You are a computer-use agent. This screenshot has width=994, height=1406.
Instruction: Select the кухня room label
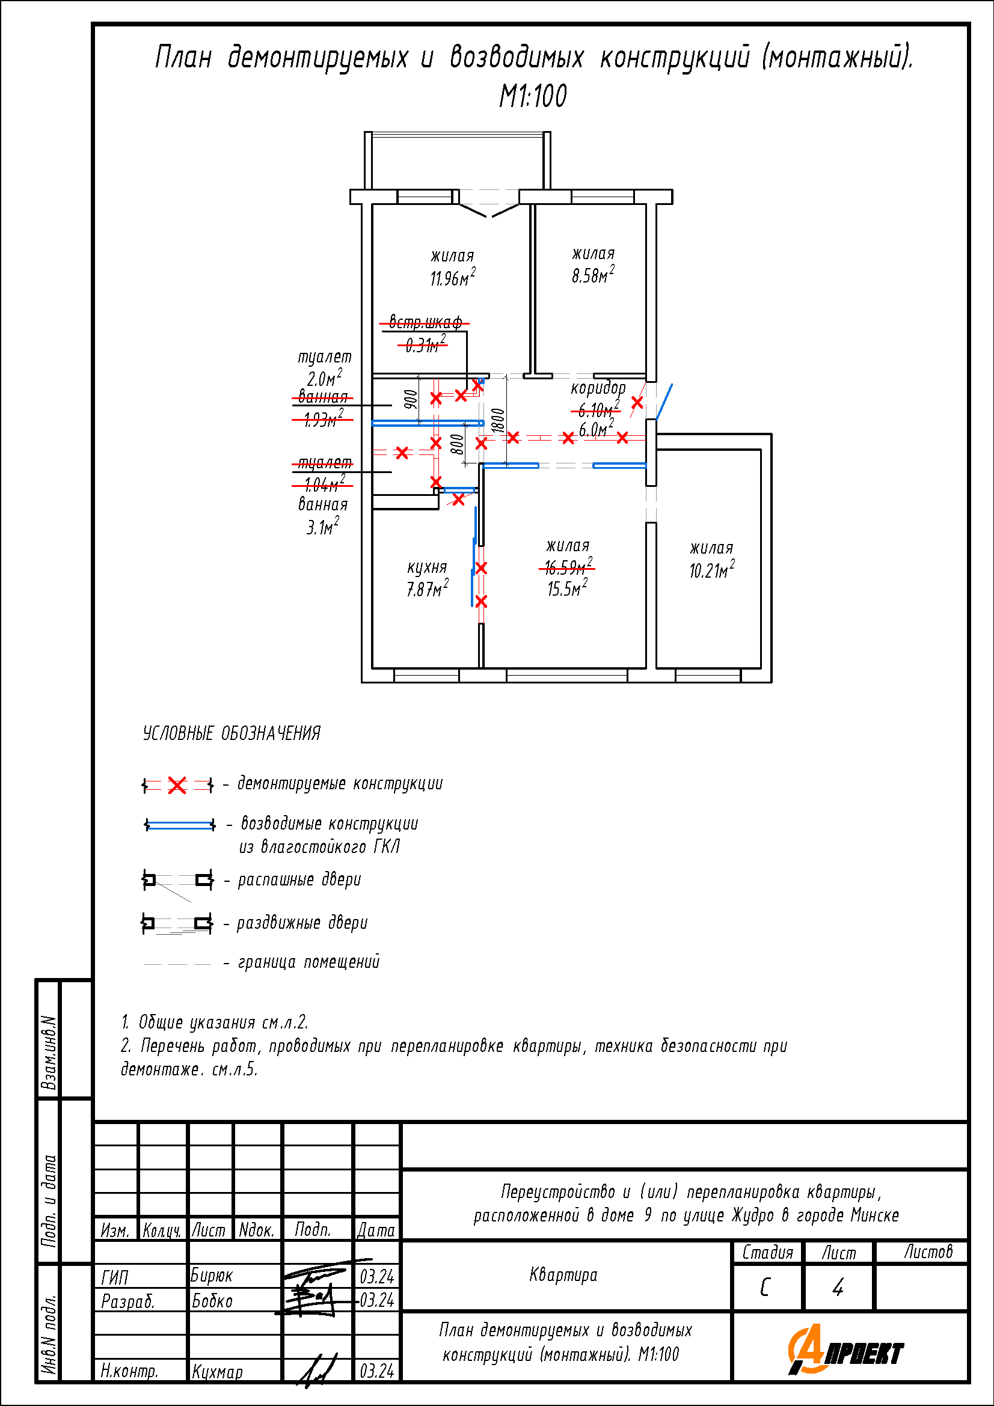tap(427, 567)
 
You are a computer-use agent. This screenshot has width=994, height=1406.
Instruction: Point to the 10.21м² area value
tap(711, 570)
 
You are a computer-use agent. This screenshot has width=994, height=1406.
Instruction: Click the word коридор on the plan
tap(598, 388)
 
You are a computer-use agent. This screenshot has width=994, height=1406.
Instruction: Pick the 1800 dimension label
tap(498, 420)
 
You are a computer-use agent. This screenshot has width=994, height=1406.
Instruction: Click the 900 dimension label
tap(411, 400)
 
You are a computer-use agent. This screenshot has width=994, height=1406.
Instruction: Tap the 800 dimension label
tap(457, 445)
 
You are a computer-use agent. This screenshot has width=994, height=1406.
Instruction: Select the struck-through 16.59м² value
tap(568, 567)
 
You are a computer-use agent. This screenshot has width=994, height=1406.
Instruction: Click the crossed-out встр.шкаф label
tap(426, 322)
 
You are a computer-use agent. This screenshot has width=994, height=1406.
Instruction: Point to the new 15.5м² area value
tap(567, 588)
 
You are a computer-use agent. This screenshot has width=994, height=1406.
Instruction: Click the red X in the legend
tap(177, 785)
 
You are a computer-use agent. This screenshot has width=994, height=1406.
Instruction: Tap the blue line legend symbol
tap(179, 825)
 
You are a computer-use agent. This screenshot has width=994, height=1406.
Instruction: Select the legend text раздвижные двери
tap(302, 923)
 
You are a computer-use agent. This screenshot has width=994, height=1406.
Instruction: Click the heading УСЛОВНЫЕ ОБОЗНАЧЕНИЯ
tap(232, 733)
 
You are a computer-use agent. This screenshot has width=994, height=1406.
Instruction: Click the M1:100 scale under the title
tap(533, 96)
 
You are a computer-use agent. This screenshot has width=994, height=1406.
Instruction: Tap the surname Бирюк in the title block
tap(212, 1276)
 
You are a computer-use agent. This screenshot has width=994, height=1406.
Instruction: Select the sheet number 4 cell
tap(838, 1287)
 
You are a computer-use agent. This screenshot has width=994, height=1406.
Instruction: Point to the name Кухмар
tap(218, 1372)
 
